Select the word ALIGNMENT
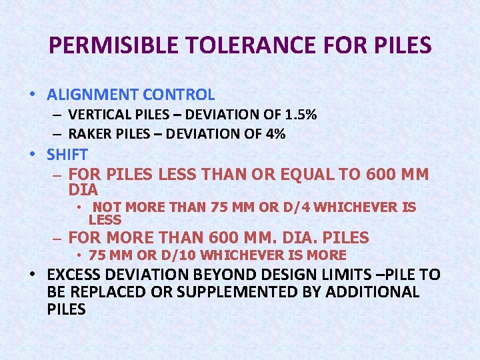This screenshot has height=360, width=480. point(88,95)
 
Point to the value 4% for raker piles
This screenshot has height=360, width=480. point(275,134)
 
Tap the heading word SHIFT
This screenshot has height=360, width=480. point(67,155)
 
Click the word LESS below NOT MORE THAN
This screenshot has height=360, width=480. point(105,219)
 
